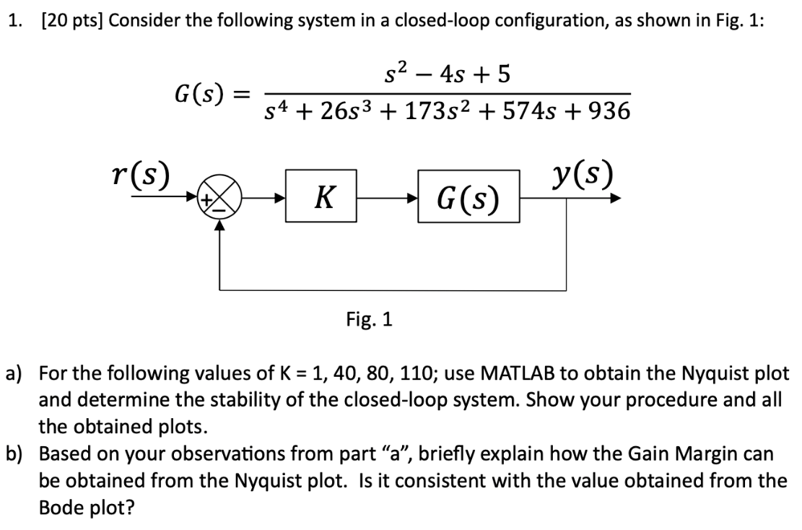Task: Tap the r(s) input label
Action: click(x=141, y=175)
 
